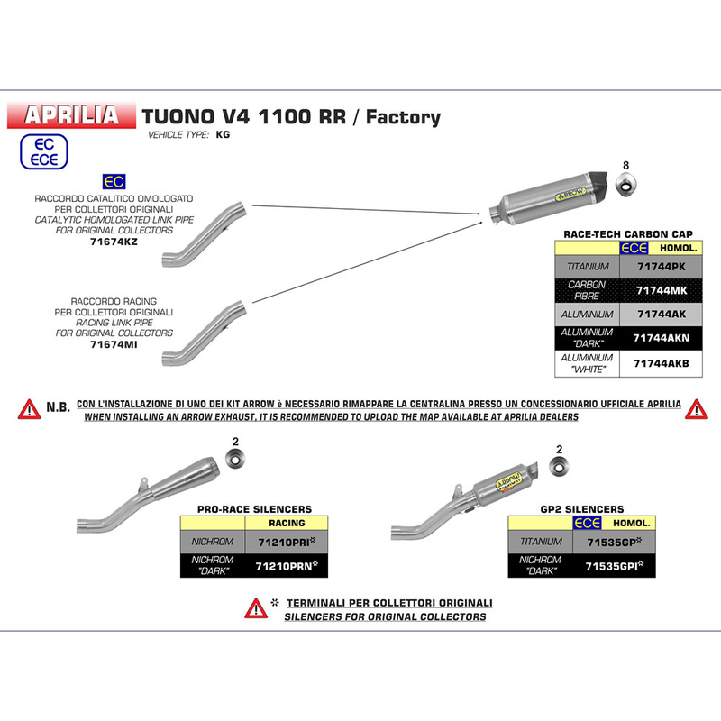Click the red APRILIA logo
tap(71, 115)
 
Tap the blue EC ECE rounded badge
tap(43, 151)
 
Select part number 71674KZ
tap(114, 242)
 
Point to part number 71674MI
tap(114, 344)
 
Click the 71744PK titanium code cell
tap(661, 267)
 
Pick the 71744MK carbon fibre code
tap(661, 290)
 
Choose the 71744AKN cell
tap(661, 338)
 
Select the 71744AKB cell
tap(661, 364)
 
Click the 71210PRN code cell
tap(287, 566)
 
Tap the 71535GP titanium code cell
tap(615, 543)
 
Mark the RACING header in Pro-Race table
tap(287, 524)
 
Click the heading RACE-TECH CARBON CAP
tap(628, 234)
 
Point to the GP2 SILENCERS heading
tap(582, 509)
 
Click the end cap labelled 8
tap(625, 184)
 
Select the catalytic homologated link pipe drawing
tap(205, 234)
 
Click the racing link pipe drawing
tap(205, 333)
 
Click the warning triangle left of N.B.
tap(29, 409)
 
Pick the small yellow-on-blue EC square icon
tap(114, 182)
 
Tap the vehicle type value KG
tap(223, 134)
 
